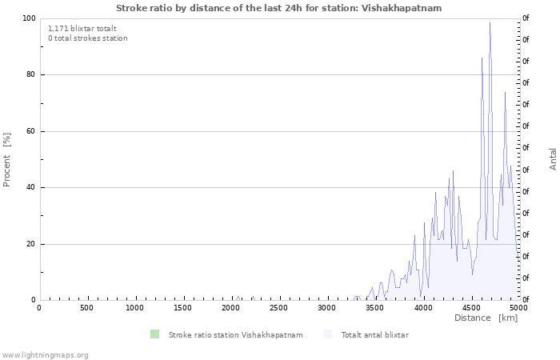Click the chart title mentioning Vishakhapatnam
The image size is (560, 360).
click(278, 8)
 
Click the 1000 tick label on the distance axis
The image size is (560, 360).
click(134, 308)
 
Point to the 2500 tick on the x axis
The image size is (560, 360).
click(278, 308)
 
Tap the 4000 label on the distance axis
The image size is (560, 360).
click(422, 308)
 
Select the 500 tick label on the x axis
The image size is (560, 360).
click(86, 308)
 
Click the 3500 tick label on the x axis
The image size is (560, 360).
click(374, 308)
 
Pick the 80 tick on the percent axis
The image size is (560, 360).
click(31, 75)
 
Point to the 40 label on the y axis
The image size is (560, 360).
click(31, 188)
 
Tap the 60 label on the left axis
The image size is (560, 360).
click(31, 131)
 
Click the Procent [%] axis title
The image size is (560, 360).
click(7, 159)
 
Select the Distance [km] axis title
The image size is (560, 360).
click(486, 318)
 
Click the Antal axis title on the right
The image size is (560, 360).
click(553, 158)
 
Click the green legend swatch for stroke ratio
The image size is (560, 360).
click(154, 334)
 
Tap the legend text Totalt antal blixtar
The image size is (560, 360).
click(374, 335)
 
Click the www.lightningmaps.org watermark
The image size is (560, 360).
click(45, 355)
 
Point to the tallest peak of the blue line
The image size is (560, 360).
click(490, 23)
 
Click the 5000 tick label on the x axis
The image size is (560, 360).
click(518, 308)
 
